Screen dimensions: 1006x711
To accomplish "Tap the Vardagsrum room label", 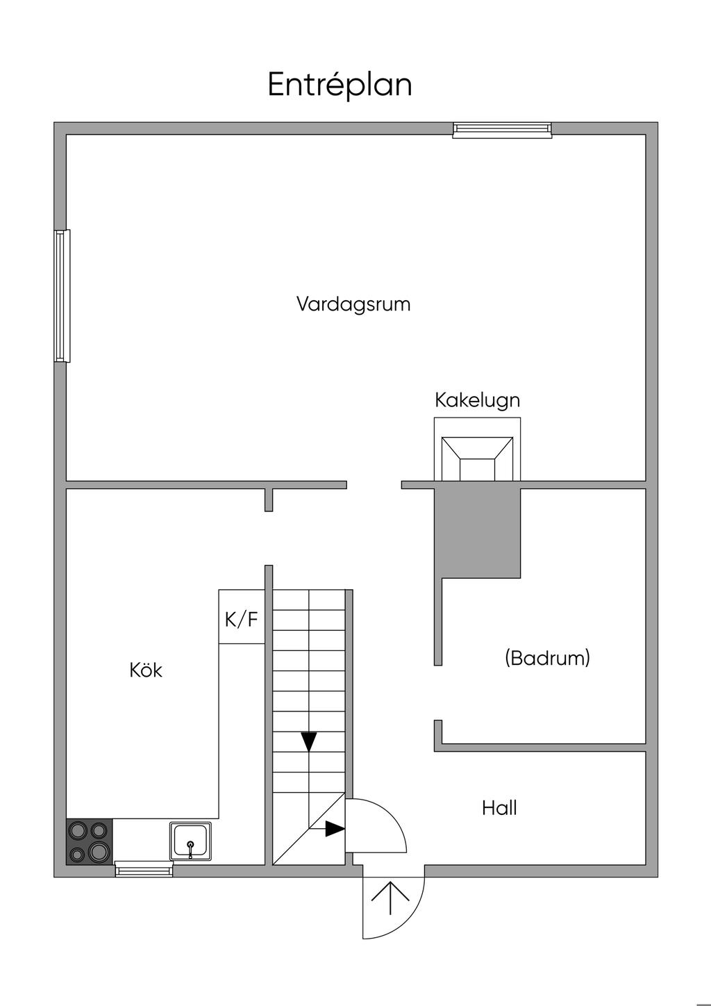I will [x=353, y=304].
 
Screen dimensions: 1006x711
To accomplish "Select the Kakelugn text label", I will [x=477, y=400].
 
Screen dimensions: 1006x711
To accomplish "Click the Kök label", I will [x=146, y=670].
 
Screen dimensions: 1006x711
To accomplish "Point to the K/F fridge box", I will [x=241, y=618].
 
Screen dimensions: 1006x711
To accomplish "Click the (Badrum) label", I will [x=547, y=657].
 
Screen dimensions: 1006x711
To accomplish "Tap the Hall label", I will [x=499, y=808].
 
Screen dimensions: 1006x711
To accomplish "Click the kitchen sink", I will [x=190, y=841].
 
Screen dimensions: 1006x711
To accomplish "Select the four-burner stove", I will [x=89, y=842].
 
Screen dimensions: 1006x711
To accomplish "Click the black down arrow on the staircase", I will [x=309, y=741].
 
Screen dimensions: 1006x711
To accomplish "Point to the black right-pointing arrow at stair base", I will [x=335, y=829].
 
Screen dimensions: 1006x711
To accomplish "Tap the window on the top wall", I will [x=502, y=129].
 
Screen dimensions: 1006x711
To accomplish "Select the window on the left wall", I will [x=62, y=296].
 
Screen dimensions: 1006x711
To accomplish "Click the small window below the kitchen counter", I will [x=144, y=868].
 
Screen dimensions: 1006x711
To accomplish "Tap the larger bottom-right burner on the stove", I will [x=99, y=851].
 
